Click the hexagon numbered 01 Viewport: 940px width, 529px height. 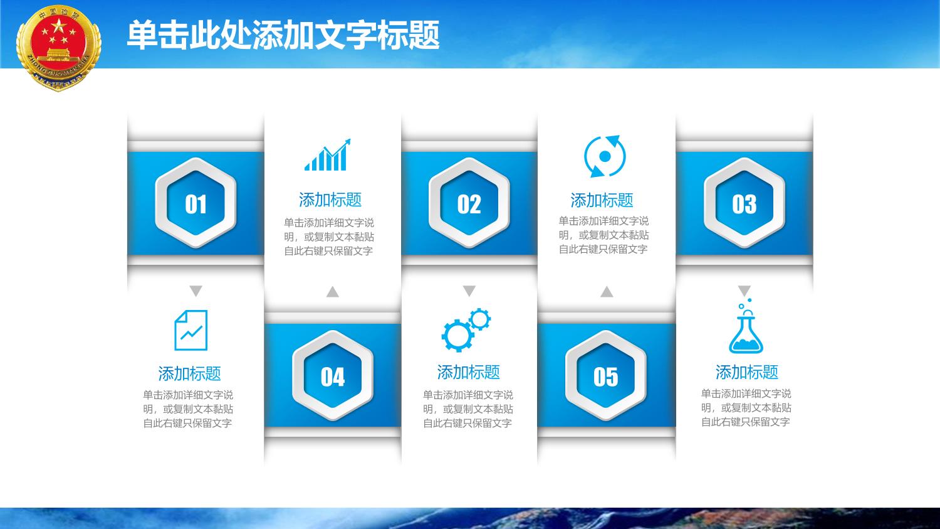point(196,203)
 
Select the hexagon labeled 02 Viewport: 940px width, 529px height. point(469,203)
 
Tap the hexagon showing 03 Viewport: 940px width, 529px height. point(744,203)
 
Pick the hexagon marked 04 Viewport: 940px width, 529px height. point(333,376)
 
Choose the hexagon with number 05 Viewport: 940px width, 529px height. point(606,376)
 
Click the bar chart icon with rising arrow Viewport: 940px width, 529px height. point(327,155)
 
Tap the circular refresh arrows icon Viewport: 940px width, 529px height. point(605,156)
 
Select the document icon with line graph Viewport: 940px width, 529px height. point(191,330)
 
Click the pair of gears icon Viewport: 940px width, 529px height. point(466,330)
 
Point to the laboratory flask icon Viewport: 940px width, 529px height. point(746,326)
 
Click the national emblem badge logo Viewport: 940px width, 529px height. point(59,47)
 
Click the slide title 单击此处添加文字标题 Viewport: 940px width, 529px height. point(283,35)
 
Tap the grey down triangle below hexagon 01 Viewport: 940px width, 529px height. point(196,291)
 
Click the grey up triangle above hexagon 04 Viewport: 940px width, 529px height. point(332,292)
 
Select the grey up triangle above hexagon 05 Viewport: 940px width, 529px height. point(607,292)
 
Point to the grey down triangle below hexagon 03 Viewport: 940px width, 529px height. point(744,291)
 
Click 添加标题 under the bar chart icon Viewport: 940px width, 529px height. point(330,200)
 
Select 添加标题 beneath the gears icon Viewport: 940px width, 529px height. point(468,372)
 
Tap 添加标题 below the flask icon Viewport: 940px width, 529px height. point(747,372)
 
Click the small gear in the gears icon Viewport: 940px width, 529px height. point(479,319)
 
